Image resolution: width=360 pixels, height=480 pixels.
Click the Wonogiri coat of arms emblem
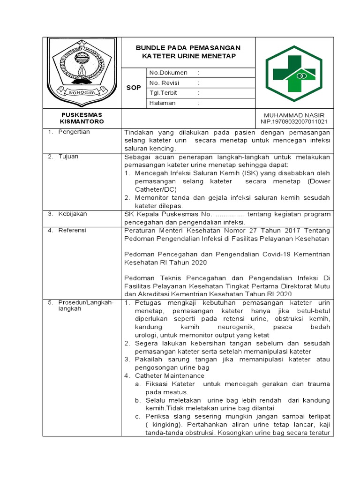click(82, 71)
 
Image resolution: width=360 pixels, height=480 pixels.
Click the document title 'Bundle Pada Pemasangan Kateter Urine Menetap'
click(188, 52)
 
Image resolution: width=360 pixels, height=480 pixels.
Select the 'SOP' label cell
click(134, 88)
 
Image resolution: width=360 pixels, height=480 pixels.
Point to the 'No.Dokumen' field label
click(168, 73)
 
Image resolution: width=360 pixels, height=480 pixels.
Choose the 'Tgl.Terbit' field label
click(163, 93)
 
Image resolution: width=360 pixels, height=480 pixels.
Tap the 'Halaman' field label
click(162, 103)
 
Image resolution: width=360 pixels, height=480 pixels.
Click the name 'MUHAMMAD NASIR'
click(294, 115)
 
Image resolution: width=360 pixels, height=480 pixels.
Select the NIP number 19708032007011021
click(294, 122)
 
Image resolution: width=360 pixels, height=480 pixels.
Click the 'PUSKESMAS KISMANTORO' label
click(82, 118)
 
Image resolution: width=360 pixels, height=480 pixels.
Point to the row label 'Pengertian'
click(74, 132)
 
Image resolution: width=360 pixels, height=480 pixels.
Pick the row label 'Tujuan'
click(68, 157)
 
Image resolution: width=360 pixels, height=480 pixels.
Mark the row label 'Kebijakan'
click(73, 214)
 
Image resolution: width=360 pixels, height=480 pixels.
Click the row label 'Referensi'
click(72, 231)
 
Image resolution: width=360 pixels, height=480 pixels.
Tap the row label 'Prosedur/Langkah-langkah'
click(86, 306)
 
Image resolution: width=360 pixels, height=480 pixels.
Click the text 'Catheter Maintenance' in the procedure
click(170, 376)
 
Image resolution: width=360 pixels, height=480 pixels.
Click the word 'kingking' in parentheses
click(158, 425)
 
